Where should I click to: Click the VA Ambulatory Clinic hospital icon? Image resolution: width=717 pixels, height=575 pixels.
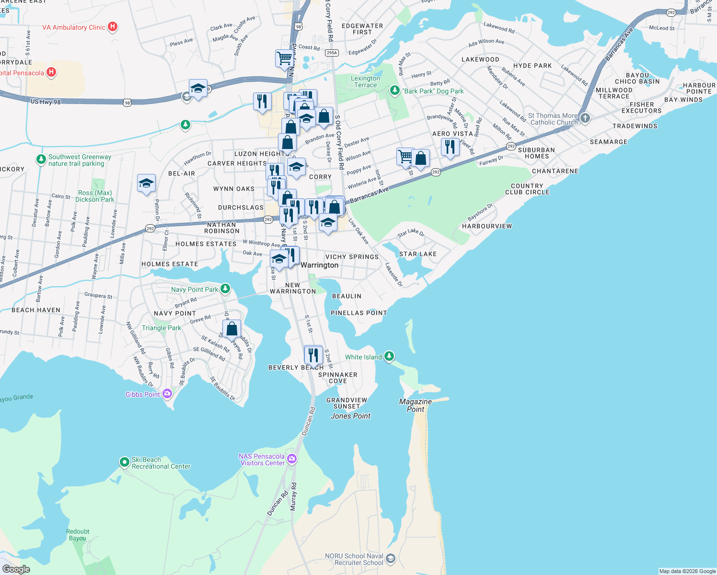click(113, 27)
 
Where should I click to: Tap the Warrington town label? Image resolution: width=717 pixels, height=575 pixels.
click(319, 265)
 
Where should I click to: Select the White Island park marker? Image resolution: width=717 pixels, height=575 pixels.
click(389, 356)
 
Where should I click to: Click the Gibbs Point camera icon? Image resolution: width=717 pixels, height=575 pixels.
click(167, 394)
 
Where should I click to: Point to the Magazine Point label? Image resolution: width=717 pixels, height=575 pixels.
click(416, 405)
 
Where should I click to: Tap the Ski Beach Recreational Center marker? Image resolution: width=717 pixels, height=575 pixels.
click(124, 462)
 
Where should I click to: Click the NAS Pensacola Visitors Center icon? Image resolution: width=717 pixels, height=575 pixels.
click(292, 460)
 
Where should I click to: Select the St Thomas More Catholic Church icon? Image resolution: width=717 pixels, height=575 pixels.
click(584, 118)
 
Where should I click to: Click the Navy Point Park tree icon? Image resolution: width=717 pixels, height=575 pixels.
click(225, 289)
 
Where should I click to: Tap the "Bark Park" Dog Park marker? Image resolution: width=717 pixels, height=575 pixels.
click(394, 90)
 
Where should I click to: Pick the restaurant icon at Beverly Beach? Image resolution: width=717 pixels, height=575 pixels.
click(313, 355)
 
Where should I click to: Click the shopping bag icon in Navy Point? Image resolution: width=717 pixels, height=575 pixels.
click(231, 329)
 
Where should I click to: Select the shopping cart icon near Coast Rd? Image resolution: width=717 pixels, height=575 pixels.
click(285, 58)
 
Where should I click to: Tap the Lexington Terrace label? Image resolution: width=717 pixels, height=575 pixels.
click(365, 81)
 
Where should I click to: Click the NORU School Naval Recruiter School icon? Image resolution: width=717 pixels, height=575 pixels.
click(391, 559)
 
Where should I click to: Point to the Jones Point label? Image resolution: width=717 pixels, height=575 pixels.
click(350, 416)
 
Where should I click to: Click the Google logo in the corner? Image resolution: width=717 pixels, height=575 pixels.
click(16, 569)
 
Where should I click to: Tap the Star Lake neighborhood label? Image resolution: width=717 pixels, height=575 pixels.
click(417, 254)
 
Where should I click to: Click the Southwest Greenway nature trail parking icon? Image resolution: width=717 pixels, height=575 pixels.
click(41, 159)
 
